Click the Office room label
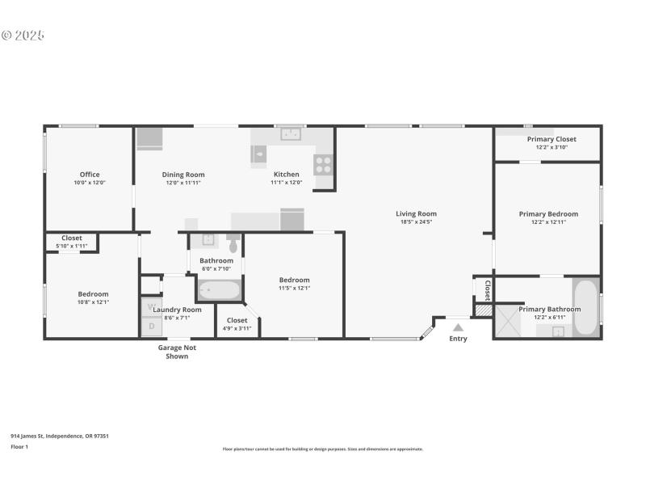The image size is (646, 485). pyautogui.click(x=89, y=175)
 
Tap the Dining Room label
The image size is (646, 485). pyautogui.click(x=183, y=175)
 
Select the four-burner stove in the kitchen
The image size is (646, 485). pyautogui.click(x=323, y=164)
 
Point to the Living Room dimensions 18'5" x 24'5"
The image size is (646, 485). pyautogui.click(x=416, y=221)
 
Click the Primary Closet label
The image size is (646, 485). pyautogui.click(x=552, y=139)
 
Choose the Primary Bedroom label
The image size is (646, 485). pyautogui.click(x=548, y=214)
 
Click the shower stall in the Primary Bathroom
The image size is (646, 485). pyautogui.click(x=509, y=320)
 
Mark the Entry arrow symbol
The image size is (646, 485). pyautogui.click(x=458, y=327)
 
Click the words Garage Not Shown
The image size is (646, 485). pyautogui.click(x=176, y=352)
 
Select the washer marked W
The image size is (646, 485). pyautogui.click(x=152, y=307)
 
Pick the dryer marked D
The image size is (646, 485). pyautogui.click(x=152, y=327)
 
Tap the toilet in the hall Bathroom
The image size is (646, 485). pyautogui.click(x=233, y=243)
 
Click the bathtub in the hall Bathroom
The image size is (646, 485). pyautogui.click(x=218, y=289)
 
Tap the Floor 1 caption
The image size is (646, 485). pyautogui.click(x=19, y=446)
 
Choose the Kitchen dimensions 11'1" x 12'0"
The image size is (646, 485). pyautogui.click(x=286, y=183)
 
